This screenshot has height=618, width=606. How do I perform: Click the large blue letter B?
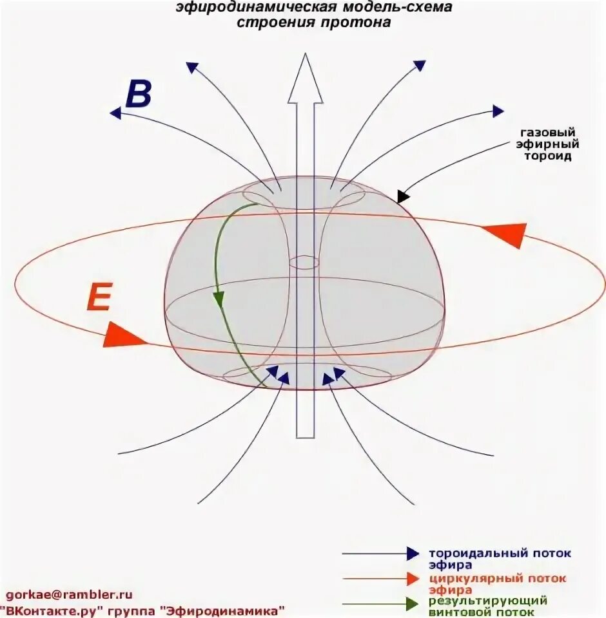pos(139,94)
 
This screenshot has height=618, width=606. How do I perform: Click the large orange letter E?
pos(100,297)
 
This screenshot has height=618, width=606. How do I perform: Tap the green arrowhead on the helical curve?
pos(219,299)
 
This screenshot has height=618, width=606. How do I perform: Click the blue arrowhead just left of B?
pos(116,113)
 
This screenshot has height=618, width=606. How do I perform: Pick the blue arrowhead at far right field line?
pos(498,111)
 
